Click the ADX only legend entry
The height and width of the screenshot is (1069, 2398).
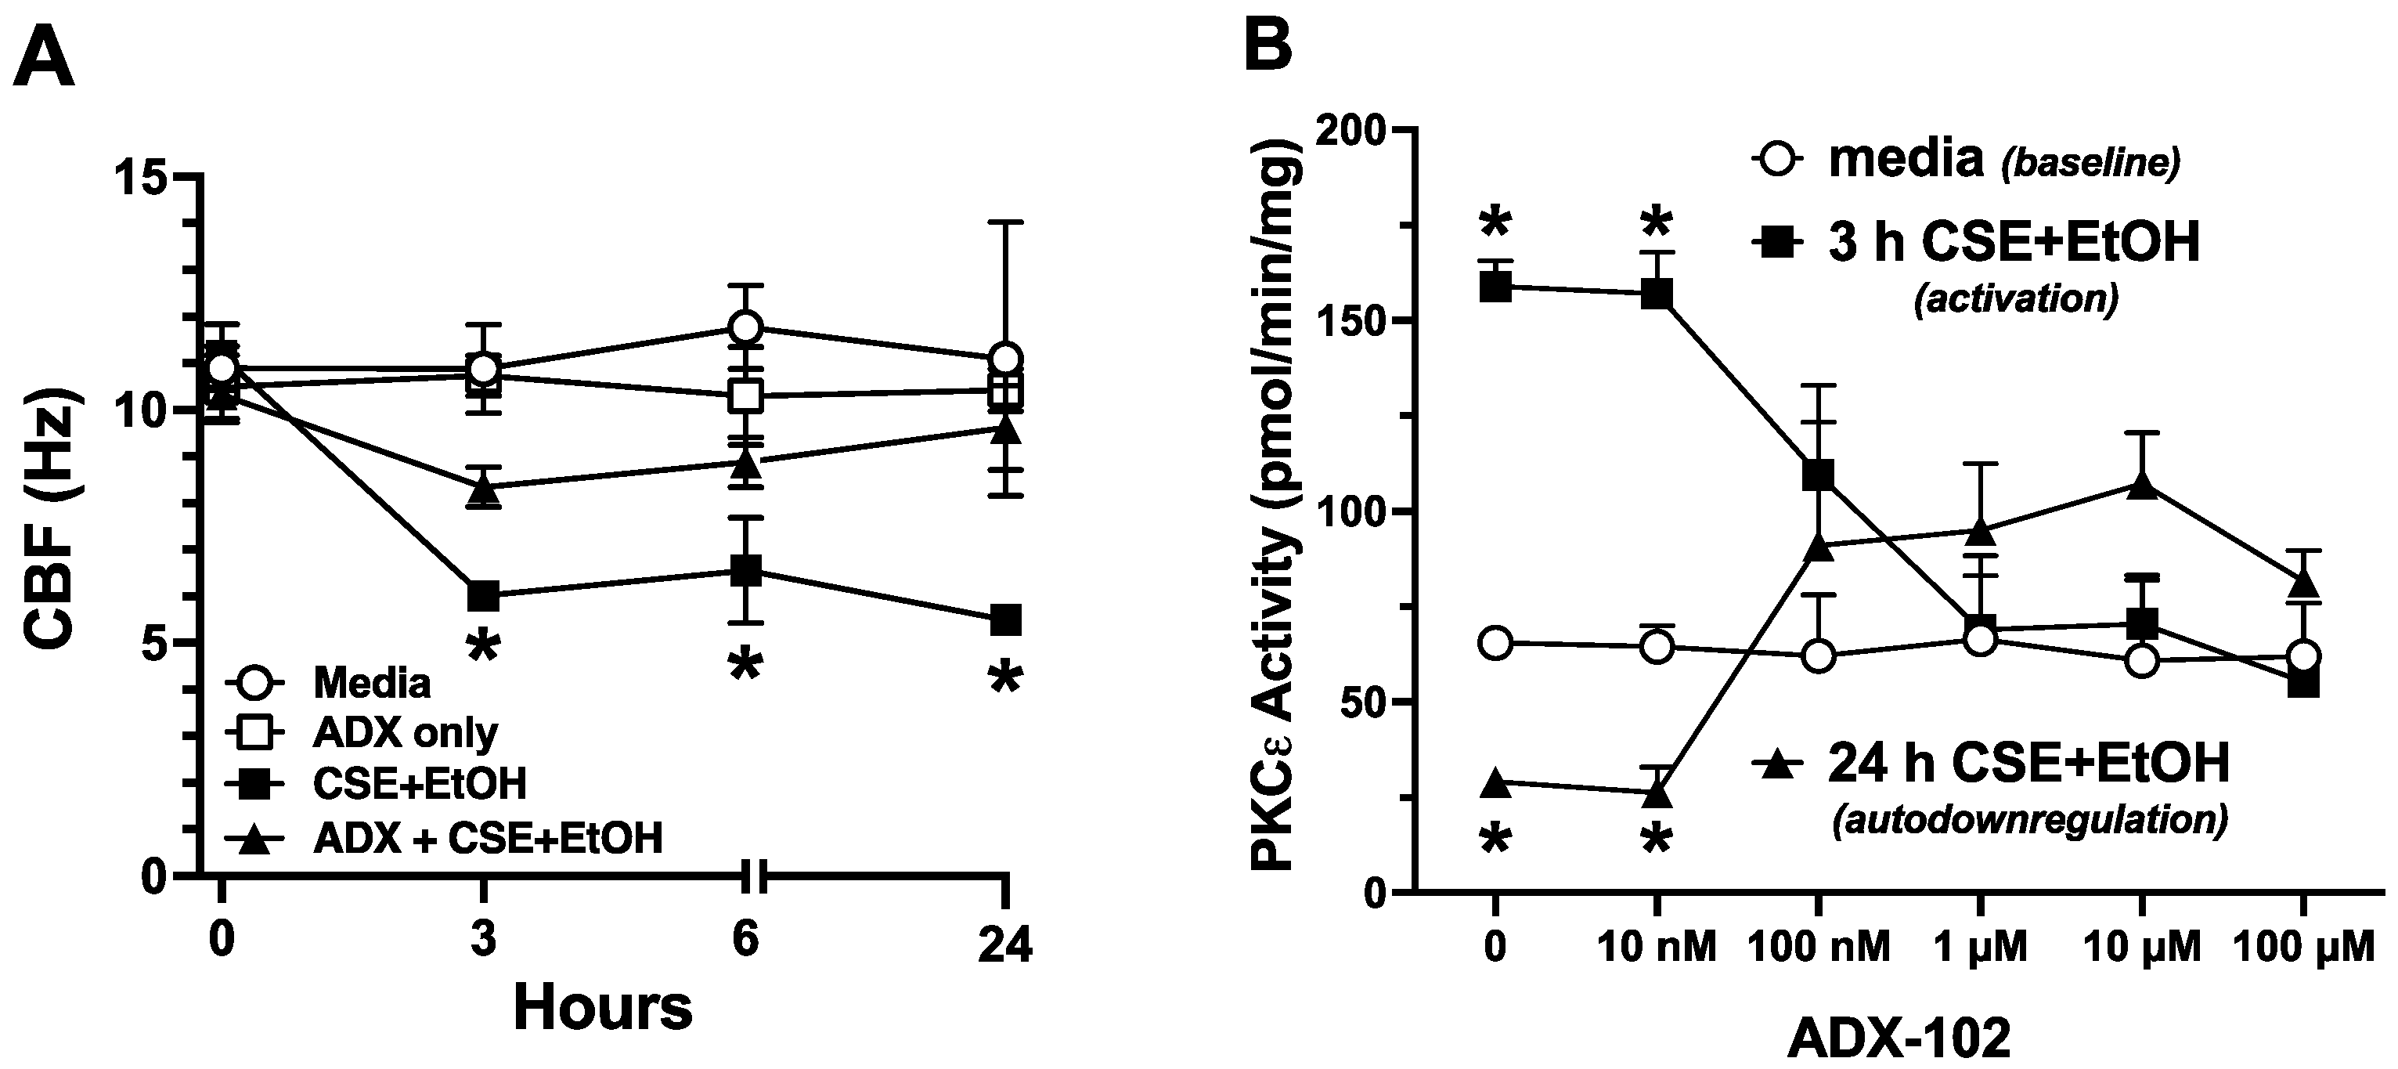pyautogui.click(x=405, y=734)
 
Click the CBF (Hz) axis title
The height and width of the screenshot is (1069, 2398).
pyautogui.click(x=54, y=522)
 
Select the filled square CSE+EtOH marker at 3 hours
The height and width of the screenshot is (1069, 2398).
pyautogui.click(x=482, y=595)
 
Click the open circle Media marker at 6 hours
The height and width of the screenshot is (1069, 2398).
pyautogui.click(x=745, y=328)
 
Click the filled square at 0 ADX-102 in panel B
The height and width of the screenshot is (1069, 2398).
pyautogui.click(x=1495, y=286)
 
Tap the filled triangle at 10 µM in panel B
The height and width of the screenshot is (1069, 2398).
pyautogui.click(x=2142, y=485)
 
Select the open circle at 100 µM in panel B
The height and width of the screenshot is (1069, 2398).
pyautogui.click(x=2303, y=655)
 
